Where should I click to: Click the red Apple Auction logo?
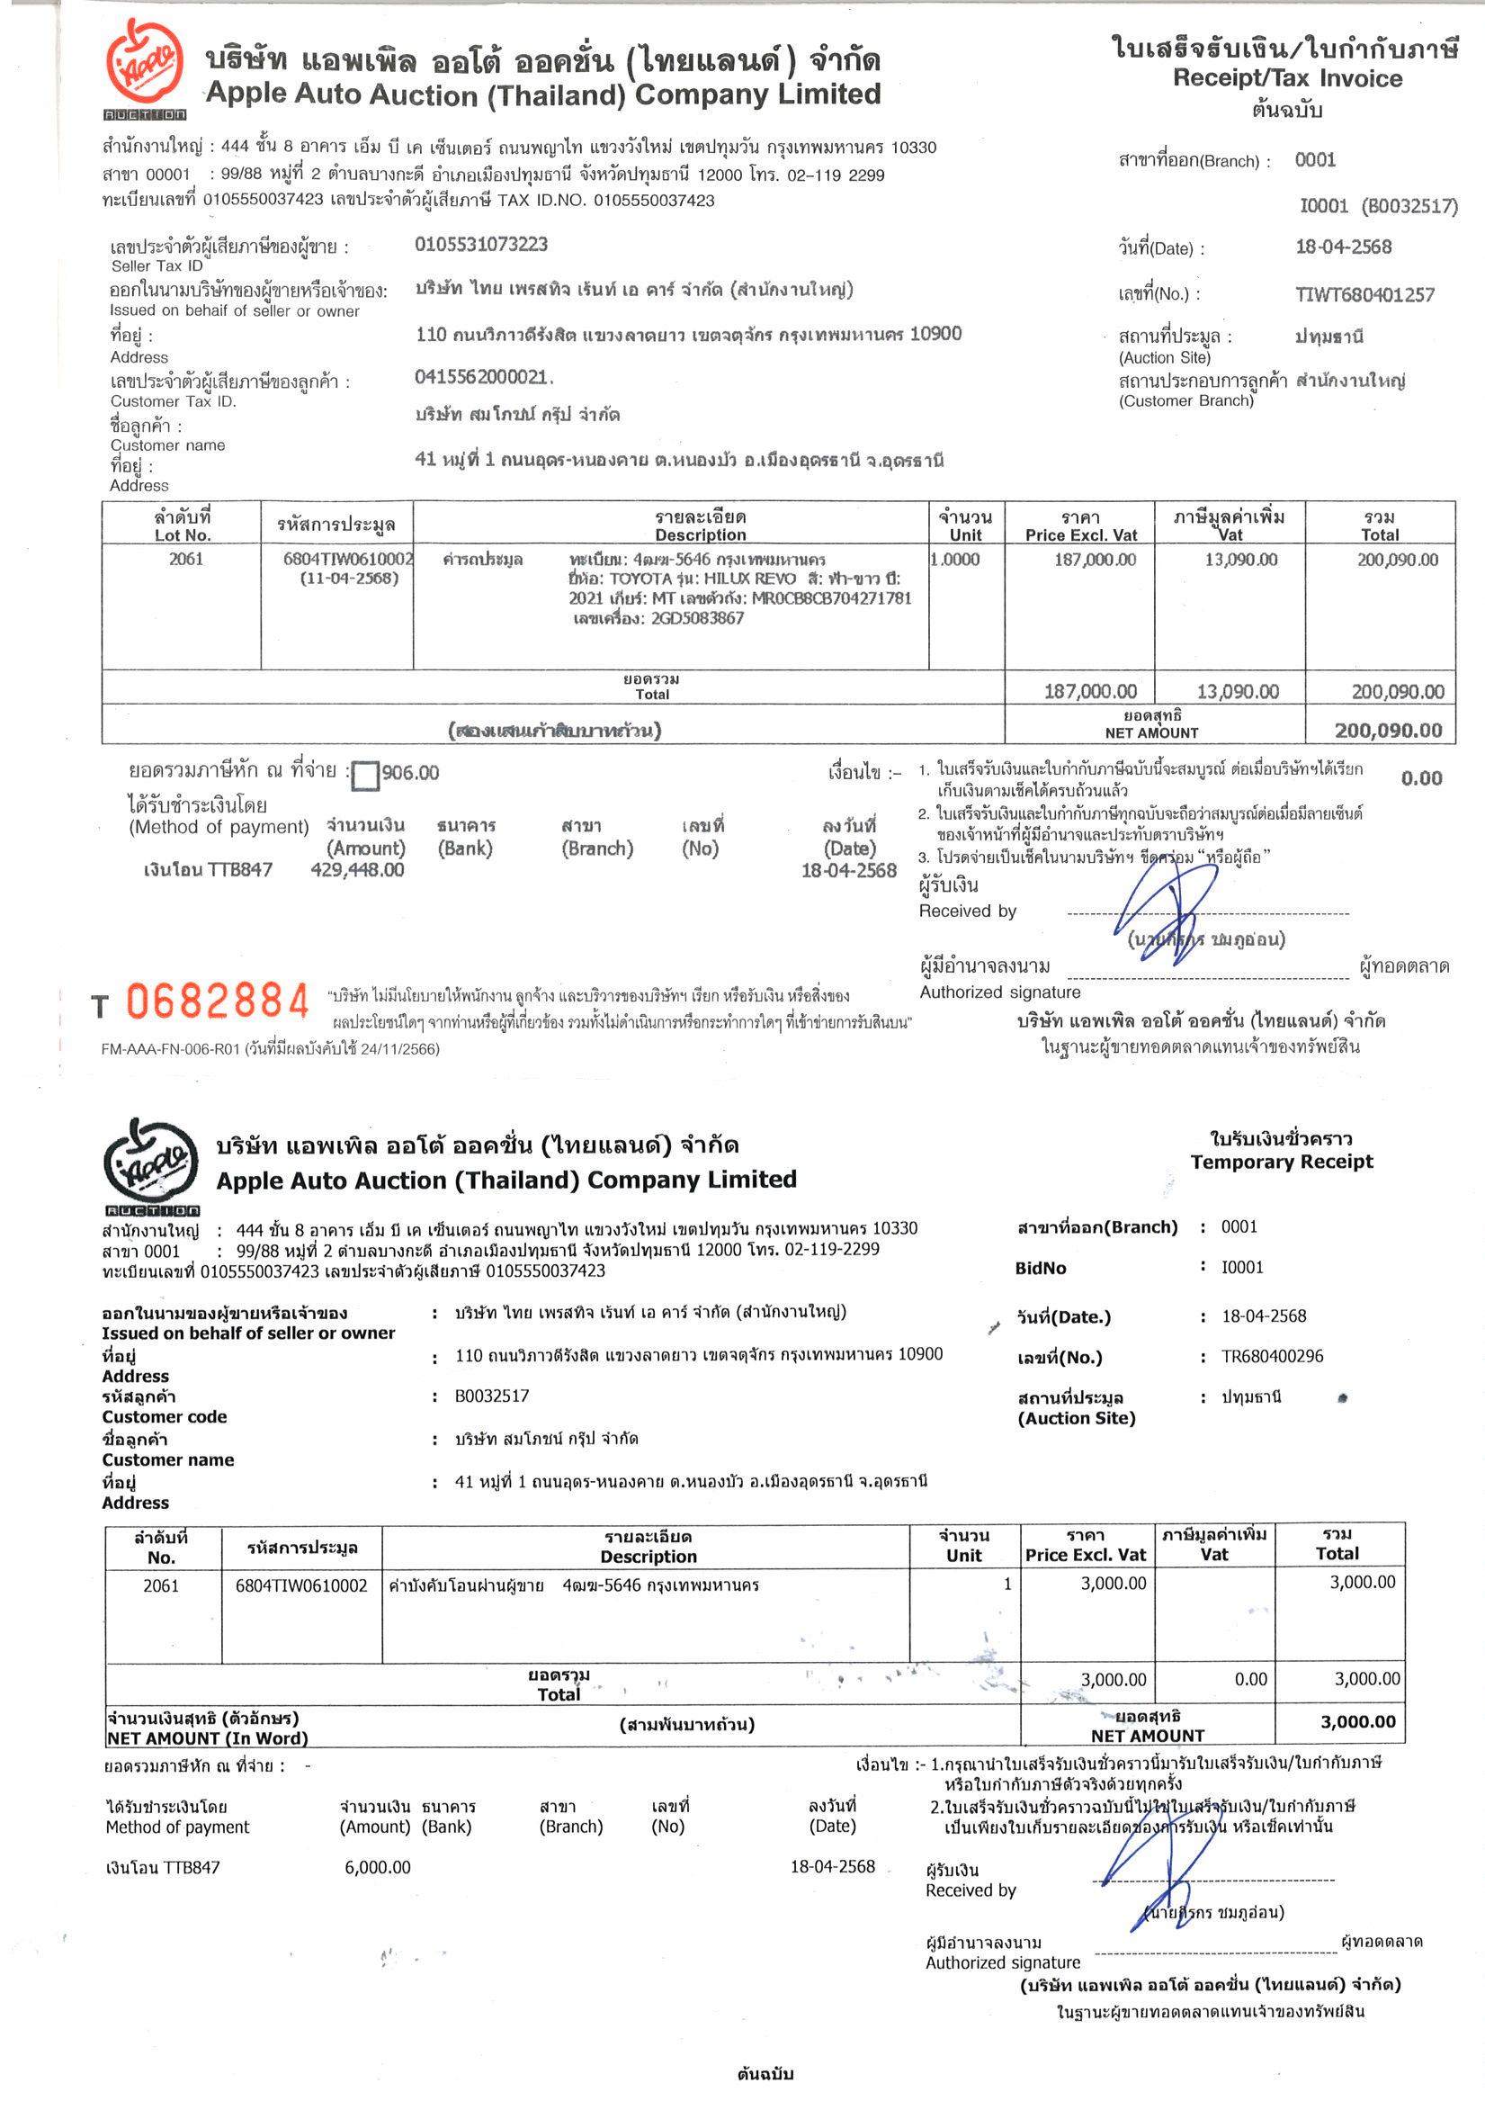(x=145, y=66)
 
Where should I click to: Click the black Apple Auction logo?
(x=151, y=1164)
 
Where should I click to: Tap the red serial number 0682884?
(x=218, y=1001)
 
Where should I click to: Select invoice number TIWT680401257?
(x=1364, y=294)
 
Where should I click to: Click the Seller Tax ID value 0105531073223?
(x=481, y=245)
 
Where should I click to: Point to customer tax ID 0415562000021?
(x=482, y=377)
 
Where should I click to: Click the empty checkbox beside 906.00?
(x=365, y=775)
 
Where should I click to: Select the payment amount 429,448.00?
(x=357, y=869)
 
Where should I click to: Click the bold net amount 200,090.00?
(x=1387, y=731)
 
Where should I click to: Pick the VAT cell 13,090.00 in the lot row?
(x=1239, y=559)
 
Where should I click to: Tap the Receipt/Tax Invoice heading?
(x=1286, y=78)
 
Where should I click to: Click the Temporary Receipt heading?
(x=1281, y=1162)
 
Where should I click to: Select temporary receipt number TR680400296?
(x=1272, y=1356)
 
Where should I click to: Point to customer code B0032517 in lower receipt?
(x=491, y=1396)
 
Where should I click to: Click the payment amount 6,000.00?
(x=377, y=1867)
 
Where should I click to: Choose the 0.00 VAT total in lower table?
(x=1250, y=1678)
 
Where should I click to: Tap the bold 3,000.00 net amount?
(x=1357, y=1721)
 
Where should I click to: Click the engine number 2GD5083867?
(x=696, y=617)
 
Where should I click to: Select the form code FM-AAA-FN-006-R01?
(x=170, y=1048)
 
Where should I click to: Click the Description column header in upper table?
(x=700, y=526)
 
